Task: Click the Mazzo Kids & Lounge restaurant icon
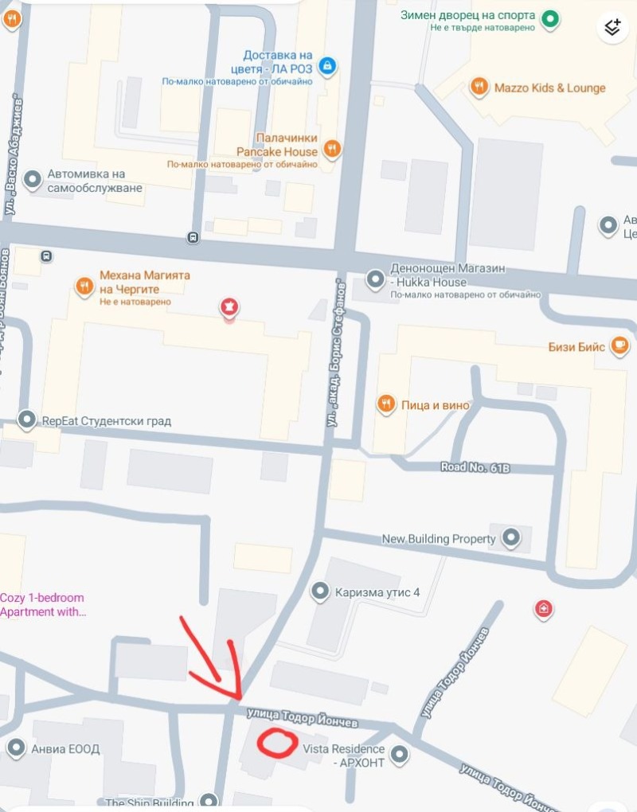(479, 88)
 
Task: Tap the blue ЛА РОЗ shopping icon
(326, 65)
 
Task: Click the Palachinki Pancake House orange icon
(333, 147)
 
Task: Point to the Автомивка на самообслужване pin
(33, 180)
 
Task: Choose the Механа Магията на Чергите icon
(84, 285)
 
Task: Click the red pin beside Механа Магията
(229, 307)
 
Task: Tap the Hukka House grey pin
(375, 279)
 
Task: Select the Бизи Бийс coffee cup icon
(619, 345)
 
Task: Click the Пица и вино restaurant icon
(386, 404)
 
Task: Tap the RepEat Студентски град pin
(27, 420)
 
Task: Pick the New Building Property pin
(510, 538)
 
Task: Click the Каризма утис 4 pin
(320, 591)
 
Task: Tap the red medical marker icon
(544, 610)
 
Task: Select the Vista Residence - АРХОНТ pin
(400, 755)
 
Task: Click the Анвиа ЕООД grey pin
(16, 748)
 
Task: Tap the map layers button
(612, 27)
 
